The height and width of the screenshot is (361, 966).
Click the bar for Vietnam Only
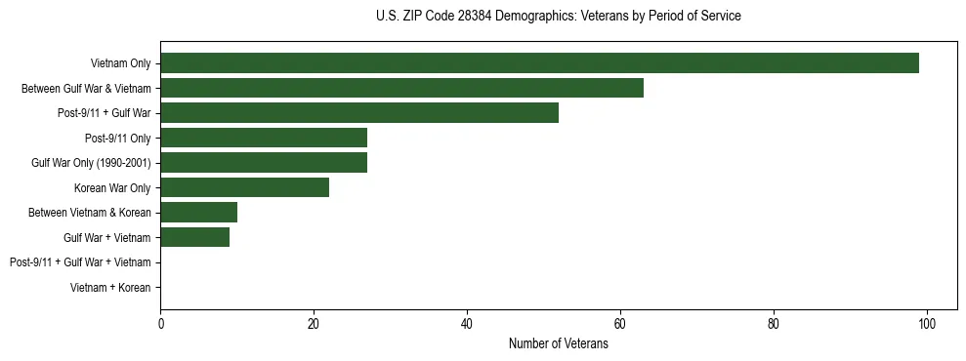[539, 63]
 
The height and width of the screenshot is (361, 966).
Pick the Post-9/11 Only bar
[264, 138]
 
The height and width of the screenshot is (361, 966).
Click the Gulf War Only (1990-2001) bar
[264, 162]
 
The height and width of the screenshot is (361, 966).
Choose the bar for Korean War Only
[244, 187]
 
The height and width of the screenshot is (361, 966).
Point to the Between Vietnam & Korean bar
[198, 212]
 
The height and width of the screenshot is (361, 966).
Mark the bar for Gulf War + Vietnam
[194, 237]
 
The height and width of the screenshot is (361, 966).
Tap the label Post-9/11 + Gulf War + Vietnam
[80, 262]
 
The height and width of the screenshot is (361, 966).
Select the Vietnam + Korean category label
[110, 287]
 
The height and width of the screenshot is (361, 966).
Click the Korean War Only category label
[112, 187]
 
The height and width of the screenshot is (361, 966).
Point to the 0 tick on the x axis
[160, 325]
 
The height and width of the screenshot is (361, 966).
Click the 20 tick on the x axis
[314, 325]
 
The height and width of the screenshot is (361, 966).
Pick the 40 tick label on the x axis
[467, 325]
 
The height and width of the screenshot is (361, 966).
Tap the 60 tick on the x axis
[620, 325]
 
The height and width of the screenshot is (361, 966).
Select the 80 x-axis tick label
[774, 325]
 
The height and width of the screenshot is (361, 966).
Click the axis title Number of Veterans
[558, 343]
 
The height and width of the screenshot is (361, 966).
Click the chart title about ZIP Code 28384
[558, 17]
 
